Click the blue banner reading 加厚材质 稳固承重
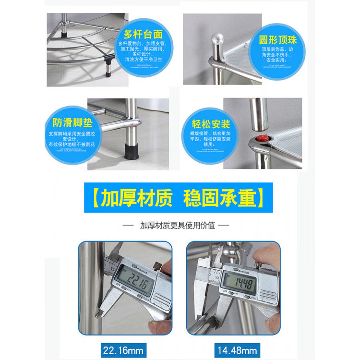pyautogui.click(x=178, y=197)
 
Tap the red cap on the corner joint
pyautogui.click(x=262, y=139)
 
